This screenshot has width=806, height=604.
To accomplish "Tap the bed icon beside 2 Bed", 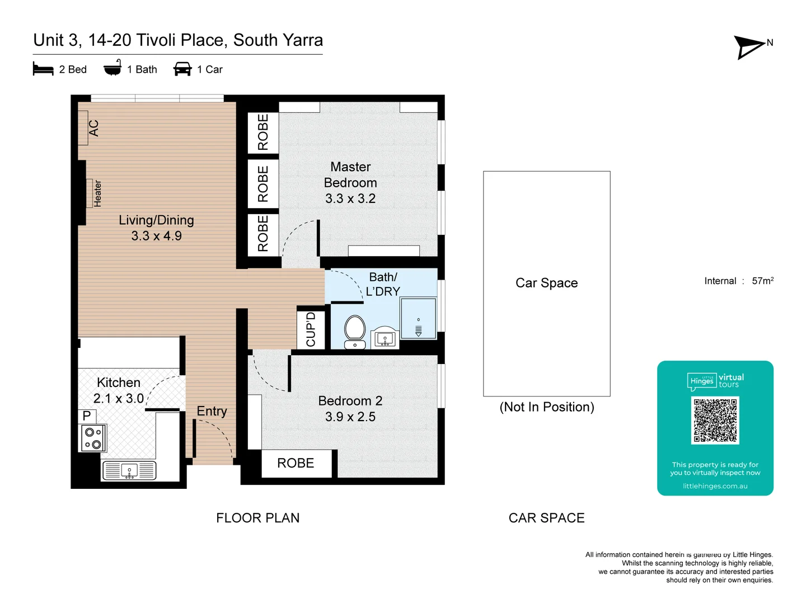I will click(x=43, y=69).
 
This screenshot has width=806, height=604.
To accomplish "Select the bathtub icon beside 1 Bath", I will click(x=113, y=68).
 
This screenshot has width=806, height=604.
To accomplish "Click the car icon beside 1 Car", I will click(x=182, y=69).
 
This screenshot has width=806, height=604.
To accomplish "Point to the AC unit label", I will click(x=93, y=128).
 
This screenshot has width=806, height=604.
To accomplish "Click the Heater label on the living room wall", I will click(x=97, y=194).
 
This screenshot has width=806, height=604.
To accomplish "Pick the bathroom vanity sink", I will click(x=385, y=338).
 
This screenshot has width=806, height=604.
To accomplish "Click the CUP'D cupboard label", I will click(x=311, y=329).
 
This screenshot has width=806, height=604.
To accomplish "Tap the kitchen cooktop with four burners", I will click(x=93, y=438).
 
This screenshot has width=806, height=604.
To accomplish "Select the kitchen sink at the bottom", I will click(x=129, y=471).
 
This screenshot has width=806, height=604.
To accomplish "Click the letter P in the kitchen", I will click(x=87, y=416).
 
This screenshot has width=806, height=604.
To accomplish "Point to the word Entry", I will click(x=212, y=412).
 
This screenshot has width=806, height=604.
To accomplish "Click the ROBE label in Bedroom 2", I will click(x=296, y=463).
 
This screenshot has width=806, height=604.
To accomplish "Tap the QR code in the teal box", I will click(x=715, y=420).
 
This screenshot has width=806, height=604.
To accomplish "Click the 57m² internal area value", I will click(x=762, y=281).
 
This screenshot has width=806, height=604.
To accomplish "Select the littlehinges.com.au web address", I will click(x=715, y=486).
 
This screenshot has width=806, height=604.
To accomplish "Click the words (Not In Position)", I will click(x=546, y=407).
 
